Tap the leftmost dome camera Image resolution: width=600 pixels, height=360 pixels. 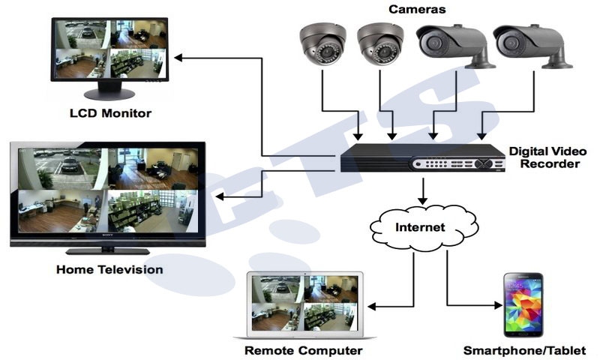coord(322,44)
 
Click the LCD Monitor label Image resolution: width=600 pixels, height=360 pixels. coord(110,113)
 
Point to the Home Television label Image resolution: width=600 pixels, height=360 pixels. coord(109,268)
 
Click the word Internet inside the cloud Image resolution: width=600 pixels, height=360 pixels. coord(421,226)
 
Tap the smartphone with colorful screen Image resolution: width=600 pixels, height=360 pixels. coord(523,304)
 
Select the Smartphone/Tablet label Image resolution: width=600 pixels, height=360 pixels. coord(524,350)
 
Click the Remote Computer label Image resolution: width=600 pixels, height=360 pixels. coord(303,350)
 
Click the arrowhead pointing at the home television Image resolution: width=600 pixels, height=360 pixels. coord(218,196)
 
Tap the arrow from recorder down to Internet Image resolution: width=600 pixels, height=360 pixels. coord(423,191)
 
